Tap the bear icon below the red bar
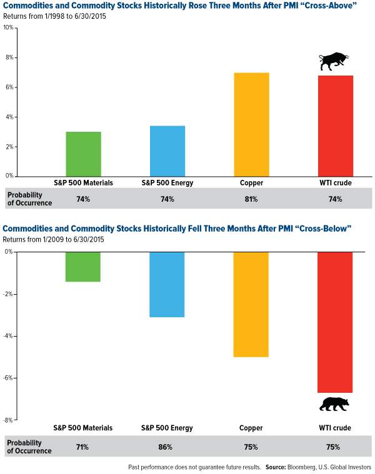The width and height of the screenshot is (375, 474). click(x=334, y=404)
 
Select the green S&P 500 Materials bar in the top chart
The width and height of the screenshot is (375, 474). click(x=83, y=154)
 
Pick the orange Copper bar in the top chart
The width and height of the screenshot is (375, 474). click(x=251, y=124)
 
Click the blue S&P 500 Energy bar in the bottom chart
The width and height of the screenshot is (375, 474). click(x=167, y=284)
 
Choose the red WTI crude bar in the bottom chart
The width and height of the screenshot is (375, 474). click(x=335, y=322)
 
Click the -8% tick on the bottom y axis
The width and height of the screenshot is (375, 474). click(x=7, y=420)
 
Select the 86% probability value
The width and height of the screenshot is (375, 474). click(x=167, y=447)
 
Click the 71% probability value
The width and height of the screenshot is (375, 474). click(x=83, y=447)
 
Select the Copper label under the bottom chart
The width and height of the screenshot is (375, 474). click(x=251, y=428)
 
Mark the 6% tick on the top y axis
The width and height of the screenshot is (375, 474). click(x=9, y=87)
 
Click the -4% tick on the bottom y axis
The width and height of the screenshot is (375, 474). click(x=7, y=336)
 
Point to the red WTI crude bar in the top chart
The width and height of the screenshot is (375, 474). click(x=335, y=126)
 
